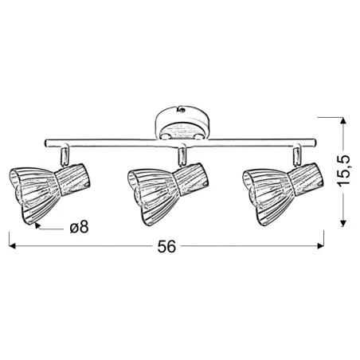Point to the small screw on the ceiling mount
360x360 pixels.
[x=182, y=110]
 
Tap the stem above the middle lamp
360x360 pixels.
[x=182, y=154]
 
